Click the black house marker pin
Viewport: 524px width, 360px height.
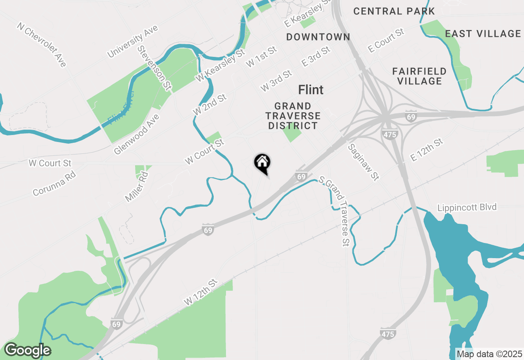point(262,163)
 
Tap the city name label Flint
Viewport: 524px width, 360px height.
point(311,90)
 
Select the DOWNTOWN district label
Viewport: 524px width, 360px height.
point(318,37)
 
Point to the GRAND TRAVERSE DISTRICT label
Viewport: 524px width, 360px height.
point(293,116)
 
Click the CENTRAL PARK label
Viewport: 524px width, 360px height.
point(394,11)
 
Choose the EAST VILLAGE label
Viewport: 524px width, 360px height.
point(483,34)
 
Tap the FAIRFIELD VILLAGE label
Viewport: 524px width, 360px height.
point(420,76)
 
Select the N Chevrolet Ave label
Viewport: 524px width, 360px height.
point(41,45)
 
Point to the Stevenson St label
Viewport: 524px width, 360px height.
point(154,68)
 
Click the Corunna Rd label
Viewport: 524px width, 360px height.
point(54,183)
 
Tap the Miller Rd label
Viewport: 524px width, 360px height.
point(137,187)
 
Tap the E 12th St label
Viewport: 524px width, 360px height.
point(427,150)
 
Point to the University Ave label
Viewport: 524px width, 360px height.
point(132,41)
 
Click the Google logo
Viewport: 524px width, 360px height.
point(27,350)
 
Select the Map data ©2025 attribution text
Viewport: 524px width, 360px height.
point(489,354)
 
